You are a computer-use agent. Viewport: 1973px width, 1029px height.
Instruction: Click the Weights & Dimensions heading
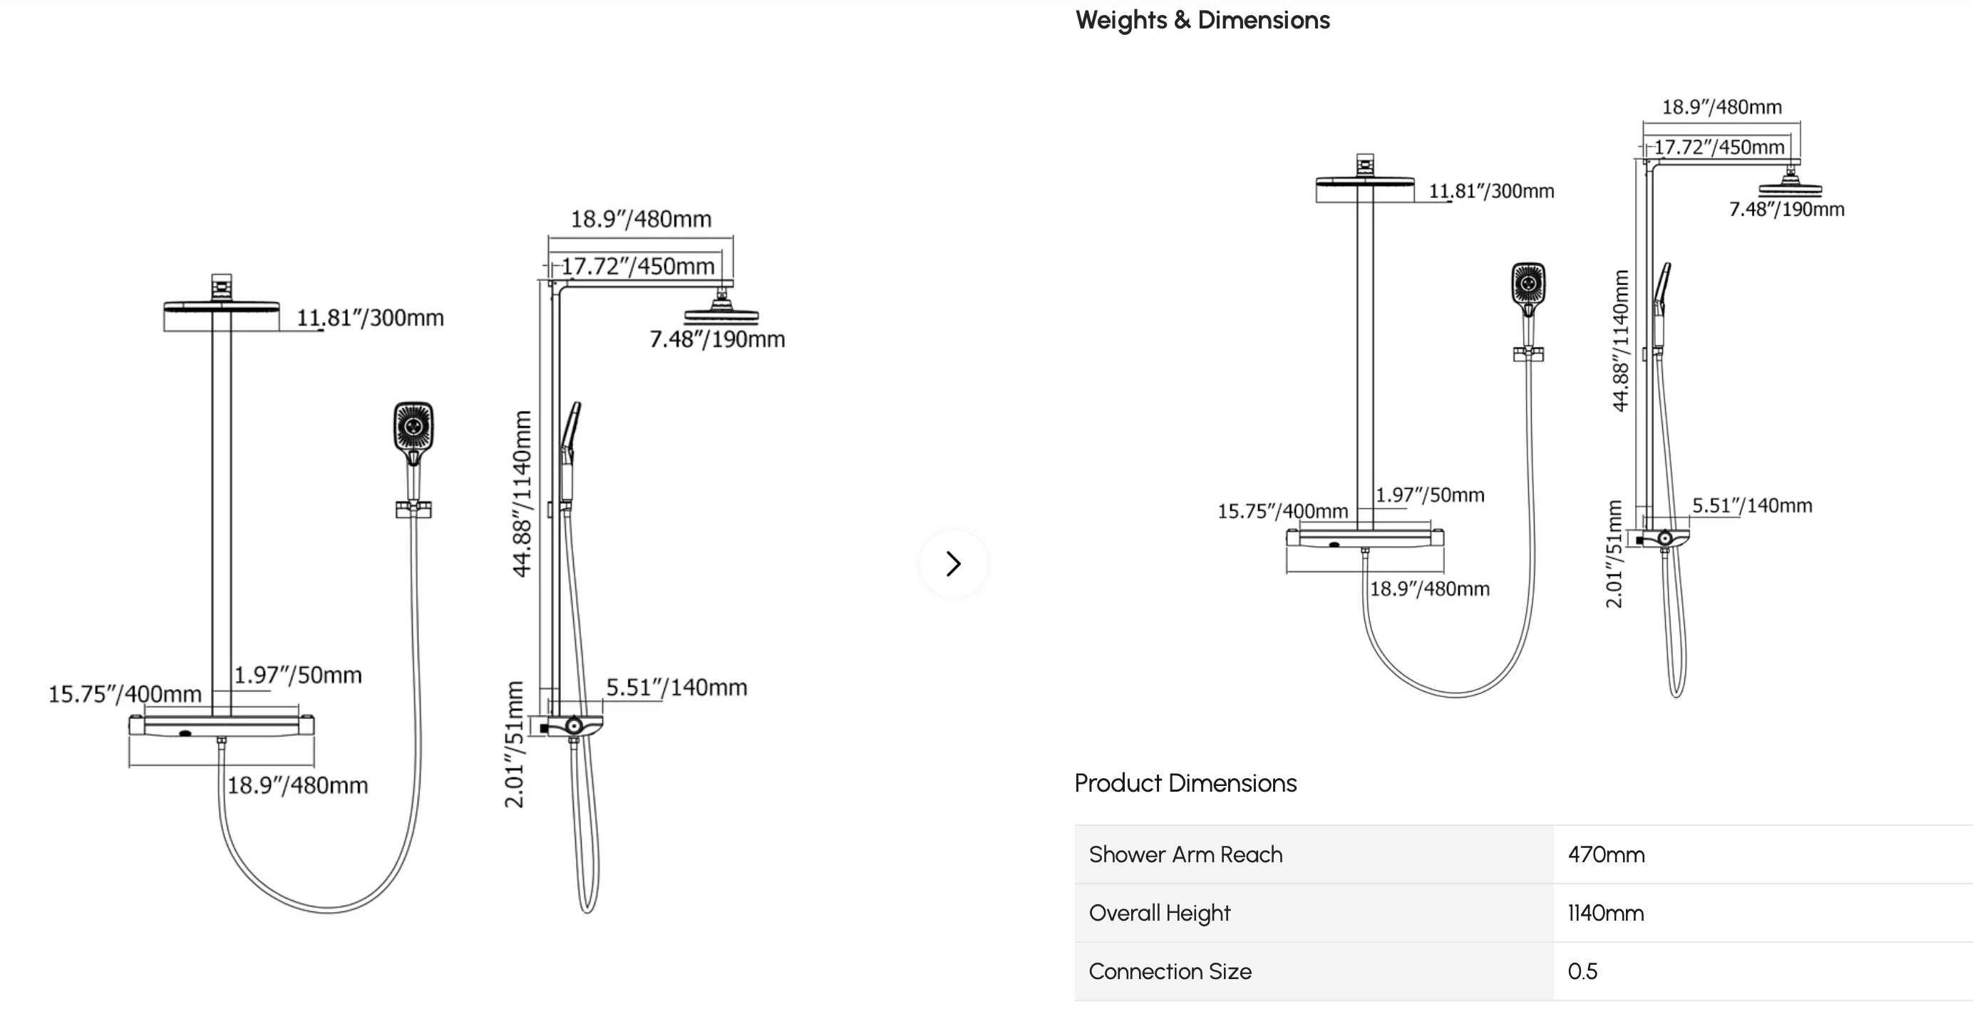click(1202, 20)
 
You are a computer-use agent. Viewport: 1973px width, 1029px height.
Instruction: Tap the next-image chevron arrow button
click(954, 564)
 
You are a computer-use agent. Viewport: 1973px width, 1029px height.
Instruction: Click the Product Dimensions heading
click(1185, 783)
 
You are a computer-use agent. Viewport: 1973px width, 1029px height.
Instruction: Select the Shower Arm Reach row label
click(1185, 854)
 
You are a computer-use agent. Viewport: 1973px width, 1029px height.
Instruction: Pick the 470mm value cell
click(1606, 854)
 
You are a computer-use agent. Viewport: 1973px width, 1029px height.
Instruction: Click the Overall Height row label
click(1160, 913)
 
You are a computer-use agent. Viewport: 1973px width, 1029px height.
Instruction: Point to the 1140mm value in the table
click(1605, 913)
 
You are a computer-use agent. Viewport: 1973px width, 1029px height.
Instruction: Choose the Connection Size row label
click(1170, 971)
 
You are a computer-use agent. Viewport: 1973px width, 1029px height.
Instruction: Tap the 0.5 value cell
click(1582, 971)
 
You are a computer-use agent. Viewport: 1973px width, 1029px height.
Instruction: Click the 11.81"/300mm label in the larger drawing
click(370, 318)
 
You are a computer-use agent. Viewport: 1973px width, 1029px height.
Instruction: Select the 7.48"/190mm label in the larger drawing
click(717, 339)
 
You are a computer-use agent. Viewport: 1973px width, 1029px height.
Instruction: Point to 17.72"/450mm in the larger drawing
click(638, 267)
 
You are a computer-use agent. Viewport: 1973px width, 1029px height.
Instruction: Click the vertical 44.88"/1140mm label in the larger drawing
click(522, 494)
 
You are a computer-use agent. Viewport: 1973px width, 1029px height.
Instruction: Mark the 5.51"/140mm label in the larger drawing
click(676, 688)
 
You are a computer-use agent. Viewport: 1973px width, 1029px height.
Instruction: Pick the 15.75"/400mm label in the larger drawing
click(125, 694)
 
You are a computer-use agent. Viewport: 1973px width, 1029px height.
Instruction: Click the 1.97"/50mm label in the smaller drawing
click(1430, 495)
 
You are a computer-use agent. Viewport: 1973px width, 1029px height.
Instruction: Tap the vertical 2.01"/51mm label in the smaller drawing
click(1614, 554)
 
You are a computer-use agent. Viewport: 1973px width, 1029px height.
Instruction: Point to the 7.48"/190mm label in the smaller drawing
click(1787, 210)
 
